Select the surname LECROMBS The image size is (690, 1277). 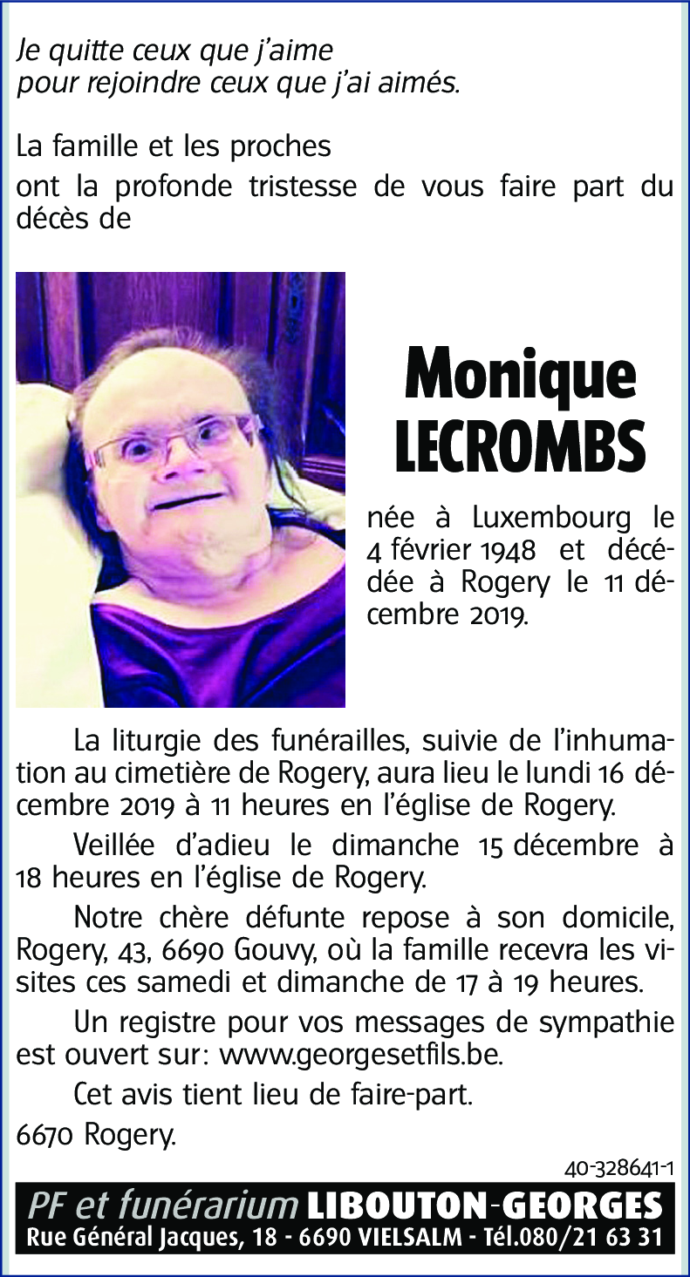pyautogui.click(x=521, y=445)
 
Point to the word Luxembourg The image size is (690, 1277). pyautogui.click(x=551, y=519)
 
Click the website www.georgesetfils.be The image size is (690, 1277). pyautogui.click(x=361, y=1055)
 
